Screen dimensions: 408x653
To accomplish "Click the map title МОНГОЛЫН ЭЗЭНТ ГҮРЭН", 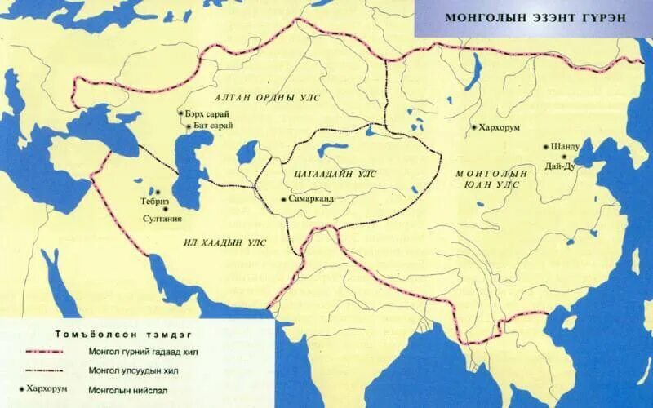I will (x=535, y=18).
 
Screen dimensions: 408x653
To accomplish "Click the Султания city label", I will (x=162, y=219).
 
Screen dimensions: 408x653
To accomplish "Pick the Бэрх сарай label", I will (x=208, y=113).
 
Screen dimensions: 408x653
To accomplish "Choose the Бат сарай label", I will (x=214, y=126).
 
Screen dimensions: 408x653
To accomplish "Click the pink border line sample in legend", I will (x=49, y=353).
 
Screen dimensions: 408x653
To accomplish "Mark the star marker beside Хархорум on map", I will (x=474, y=128).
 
